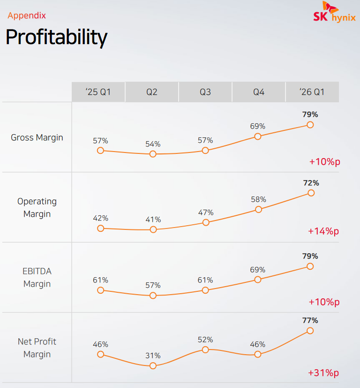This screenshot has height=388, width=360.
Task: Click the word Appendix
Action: (x=27, y=15)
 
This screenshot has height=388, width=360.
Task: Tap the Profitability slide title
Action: (x=56, y=37)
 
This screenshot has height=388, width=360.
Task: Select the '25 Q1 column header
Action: (x=98, y=92)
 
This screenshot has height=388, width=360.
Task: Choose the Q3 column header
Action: (x=205, y=92)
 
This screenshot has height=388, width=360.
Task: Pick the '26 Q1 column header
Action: (x=312, y=92)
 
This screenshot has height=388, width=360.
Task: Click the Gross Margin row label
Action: (x=37, y=138)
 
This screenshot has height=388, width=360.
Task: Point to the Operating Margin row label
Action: (x=37, y=207)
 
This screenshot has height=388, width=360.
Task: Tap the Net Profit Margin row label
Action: (x=37, y=348)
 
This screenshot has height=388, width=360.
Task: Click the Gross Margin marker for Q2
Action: (x=153, y=154)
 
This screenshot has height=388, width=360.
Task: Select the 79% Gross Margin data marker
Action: (x=310, y=125)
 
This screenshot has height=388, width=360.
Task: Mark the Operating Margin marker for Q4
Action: (x=258, y=209)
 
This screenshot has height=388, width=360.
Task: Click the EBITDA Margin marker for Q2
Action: (x=153, y=296)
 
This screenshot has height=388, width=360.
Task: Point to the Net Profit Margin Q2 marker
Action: (x=153, y=365)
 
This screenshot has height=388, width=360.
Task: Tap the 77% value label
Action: (x=310, y=320)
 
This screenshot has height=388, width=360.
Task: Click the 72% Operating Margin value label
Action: (x=311, y=183)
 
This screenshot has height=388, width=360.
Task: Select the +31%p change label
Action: (x=323, y=373)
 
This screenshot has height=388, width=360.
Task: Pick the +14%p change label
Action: (x=323, y=231)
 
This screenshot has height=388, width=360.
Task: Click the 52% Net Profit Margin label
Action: (x=205, y=340)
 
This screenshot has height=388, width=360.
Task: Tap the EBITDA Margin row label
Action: (x=37, y=277)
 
